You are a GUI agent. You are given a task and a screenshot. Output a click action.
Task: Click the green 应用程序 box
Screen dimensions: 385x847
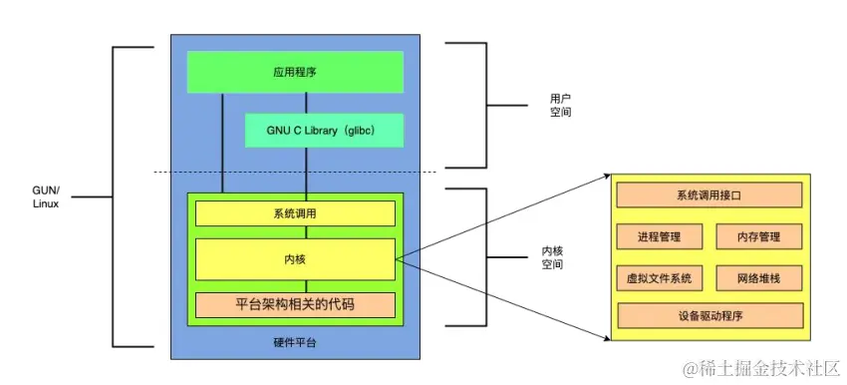[x=296, y=72]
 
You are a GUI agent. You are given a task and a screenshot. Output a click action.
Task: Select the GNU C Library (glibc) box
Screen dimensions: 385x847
[x=324, y=131]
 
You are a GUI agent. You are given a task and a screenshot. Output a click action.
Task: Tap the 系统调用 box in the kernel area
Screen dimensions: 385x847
[x=295, y=214]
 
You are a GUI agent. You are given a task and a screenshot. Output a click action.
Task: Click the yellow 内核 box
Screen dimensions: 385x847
[x=295, y=259]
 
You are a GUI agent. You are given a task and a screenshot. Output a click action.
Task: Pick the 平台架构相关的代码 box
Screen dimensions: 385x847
[x=295, y=305]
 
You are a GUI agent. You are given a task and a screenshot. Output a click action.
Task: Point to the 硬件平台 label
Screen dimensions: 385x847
[x=295, y=342]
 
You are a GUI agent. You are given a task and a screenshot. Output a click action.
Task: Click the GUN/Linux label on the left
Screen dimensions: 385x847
[x=45, y=195]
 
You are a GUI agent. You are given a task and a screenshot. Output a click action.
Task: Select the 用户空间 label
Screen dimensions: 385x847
[x=560, y=106]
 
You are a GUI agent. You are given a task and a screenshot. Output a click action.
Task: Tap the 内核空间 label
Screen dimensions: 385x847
[x=551, y=257]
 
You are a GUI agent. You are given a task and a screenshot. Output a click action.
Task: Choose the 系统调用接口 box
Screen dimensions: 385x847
[x=708, y=195]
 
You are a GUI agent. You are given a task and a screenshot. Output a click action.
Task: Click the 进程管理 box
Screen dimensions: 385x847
[x=660, y=237]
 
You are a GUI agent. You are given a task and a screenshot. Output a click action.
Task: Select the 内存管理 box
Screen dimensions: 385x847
[x=758, y=237]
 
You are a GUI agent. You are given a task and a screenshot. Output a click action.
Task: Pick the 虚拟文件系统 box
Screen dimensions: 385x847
[x=660, y=277]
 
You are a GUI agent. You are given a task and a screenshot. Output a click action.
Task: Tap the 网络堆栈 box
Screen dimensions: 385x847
[x=758, y=277]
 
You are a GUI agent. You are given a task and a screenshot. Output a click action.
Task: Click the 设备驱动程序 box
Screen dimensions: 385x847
[x=708, y=316]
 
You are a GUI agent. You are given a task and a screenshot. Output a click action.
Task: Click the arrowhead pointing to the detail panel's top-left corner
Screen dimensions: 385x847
[x=605, y=177]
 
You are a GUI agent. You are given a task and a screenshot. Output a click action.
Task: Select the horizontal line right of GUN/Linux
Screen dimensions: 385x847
[x=91, y=196]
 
